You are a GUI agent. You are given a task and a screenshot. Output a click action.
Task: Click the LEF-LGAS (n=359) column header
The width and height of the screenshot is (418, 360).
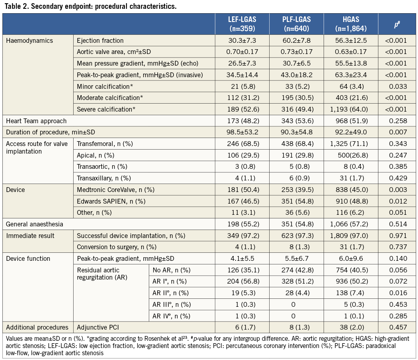(x=242, y=24)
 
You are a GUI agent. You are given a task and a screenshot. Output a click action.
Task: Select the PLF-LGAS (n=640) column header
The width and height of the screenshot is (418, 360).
(x=296, y=24)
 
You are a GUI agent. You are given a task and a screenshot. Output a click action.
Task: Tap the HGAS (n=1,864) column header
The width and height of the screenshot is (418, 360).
(x=351, y=24)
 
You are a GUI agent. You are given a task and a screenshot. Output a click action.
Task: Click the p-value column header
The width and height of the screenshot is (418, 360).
(x=396, y=24)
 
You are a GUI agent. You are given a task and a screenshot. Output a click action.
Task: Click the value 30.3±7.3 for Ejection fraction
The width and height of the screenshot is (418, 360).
(x=242, y=40)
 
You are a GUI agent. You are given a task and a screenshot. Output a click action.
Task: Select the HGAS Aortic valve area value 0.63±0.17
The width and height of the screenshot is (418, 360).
(x=351, y=52)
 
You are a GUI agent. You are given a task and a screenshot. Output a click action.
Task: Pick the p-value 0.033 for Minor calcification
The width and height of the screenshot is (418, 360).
(x=396, y=86)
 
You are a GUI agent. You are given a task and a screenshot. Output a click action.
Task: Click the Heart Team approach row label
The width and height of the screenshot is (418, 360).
(x=36, y=121)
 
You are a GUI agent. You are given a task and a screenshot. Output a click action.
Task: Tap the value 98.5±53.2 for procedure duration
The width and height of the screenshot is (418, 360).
(x=242, y=132)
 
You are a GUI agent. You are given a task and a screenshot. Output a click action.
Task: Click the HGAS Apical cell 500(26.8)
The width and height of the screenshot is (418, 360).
(x=351, y=155)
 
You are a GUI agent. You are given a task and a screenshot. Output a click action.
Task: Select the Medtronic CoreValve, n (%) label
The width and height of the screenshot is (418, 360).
(x=116, y=190)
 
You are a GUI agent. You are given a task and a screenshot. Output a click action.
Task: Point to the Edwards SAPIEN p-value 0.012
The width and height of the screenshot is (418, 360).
(x=396, y=201)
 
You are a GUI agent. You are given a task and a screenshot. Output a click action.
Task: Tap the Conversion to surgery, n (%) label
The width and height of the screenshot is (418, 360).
(x=116, y=247)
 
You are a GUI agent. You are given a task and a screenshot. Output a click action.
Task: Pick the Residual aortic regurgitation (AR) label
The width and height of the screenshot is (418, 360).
(x=102, y=274)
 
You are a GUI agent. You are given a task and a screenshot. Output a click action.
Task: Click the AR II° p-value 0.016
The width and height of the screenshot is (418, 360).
(x=396, y=293)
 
